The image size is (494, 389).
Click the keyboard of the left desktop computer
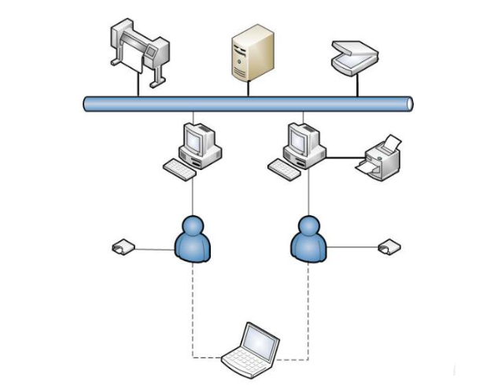tap(179, 168)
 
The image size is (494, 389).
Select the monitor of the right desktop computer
tap(300, 139)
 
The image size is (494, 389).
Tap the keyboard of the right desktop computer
tap(286, 167)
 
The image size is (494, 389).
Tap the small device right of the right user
tap(389, 247)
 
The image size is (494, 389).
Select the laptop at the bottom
tap(250, 348)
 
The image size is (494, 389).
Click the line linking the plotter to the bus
tap(138, 88)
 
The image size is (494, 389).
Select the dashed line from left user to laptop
tap(193, 315)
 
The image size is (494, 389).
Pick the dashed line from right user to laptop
tap(308, 315)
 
